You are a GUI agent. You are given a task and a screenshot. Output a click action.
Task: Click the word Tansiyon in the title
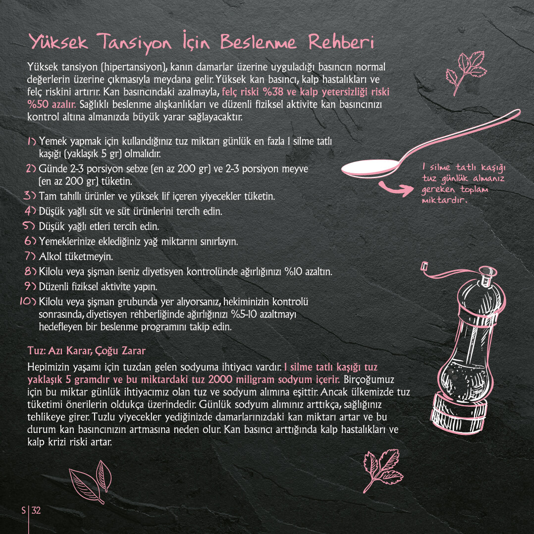pos(134,43)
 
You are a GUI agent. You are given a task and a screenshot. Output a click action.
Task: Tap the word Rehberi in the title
pos(341,42)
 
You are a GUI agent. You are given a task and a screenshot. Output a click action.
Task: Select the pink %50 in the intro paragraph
pos(38,104)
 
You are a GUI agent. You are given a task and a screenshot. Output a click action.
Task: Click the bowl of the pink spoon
pos(370,168)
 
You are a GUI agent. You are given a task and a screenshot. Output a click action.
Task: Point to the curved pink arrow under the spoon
pos(396,188)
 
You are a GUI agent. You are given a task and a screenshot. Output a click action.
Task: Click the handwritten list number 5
pos(29,226)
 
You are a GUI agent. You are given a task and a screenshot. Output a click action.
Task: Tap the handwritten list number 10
pos(28,301)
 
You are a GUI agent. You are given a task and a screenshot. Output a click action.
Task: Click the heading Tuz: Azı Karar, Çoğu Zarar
pos(87,351)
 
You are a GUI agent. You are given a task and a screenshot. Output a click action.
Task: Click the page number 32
pos(36,510)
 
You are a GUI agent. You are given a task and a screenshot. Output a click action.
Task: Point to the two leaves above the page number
pos(91,481)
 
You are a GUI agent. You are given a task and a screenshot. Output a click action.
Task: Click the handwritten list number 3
pos(30,196)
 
